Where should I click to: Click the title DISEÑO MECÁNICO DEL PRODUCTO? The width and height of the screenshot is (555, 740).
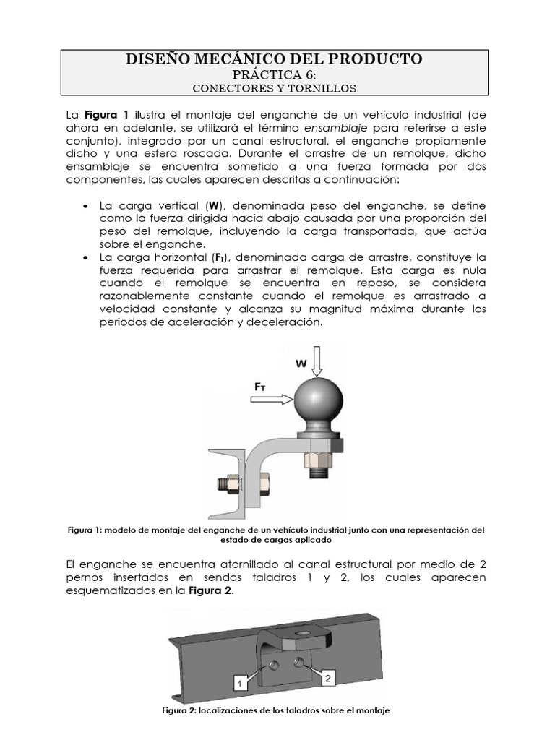(x=274, y=59)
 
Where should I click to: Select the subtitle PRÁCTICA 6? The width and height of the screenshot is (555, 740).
(x=274, y=74)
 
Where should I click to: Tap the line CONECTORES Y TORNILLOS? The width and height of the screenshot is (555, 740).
(x=274, y=88)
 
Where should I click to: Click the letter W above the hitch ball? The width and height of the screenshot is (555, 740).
(x=301, y=364)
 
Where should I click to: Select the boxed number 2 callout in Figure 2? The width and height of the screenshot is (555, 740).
(x=327, y=678)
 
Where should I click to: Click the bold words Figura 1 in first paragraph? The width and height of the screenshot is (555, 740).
(x=106, y=114)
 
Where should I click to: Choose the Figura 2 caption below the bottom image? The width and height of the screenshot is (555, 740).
(x=277, y=710)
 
